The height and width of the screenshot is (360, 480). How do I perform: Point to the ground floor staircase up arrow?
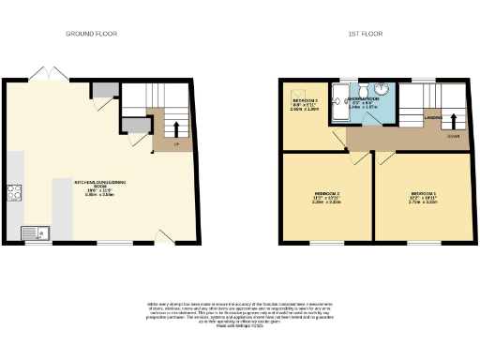175,123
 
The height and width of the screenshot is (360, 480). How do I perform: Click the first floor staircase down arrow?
453,120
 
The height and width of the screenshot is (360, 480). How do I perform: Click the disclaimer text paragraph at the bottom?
239,314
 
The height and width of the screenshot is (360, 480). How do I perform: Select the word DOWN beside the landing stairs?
452,136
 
